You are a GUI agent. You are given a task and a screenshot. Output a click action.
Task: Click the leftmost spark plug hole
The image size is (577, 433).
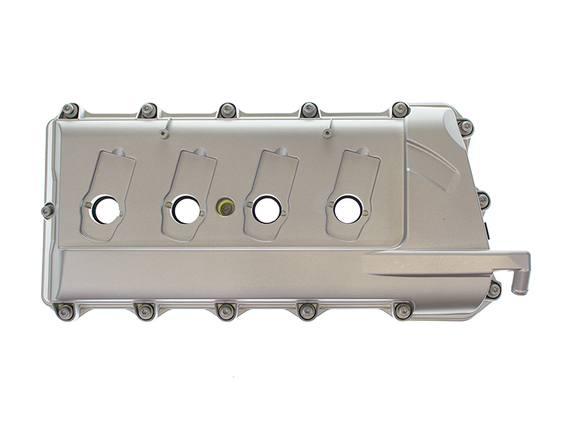point(106,209)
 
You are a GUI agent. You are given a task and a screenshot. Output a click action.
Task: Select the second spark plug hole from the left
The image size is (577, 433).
point(186,209)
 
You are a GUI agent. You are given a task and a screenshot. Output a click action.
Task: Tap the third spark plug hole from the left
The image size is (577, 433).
point(267,209)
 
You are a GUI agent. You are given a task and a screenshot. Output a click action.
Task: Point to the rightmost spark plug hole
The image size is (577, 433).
point(348,209)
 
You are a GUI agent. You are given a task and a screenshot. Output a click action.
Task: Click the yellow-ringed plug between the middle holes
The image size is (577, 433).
point(226,209)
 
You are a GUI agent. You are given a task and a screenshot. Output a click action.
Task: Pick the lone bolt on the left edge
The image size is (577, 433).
point(48,211)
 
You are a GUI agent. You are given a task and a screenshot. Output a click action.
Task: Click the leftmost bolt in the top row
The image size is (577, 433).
point(69,110)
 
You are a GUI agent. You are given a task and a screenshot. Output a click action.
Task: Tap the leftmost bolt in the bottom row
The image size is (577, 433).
point(65,312)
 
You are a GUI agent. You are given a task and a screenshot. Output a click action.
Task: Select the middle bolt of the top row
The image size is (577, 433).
point(228,110)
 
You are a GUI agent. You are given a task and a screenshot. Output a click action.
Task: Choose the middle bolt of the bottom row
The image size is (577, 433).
point(226,311)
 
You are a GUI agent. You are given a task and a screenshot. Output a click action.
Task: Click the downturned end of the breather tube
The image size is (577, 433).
point(519,285)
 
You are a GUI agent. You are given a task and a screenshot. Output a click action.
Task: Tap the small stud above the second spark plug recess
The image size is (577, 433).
point(164,134)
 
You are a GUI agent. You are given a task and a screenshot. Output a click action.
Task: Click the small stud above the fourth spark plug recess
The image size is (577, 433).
point(327,134)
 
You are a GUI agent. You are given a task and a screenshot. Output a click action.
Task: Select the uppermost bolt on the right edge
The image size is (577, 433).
point(466,127)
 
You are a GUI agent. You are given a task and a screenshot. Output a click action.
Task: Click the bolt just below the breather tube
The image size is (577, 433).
point(493,290)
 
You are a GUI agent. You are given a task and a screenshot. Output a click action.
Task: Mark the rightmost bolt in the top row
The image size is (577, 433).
point(400,110)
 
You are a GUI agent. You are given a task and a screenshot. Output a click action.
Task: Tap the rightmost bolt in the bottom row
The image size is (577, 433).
point(403,310)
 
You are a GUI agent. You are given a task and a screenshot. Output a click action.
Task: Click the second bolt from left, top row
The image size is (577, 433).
point(149,110)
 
